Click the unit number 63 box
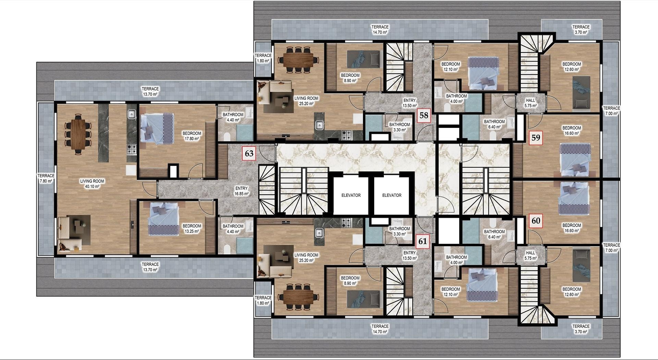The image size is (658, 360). click(249, 153)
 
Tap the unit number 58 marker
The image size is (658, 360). click(424, 115)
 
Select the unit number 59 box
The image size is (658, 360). click(536, 137)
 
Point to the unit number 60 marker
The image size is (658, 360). click(536, 220)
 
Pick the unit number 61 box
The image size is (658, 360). click(423, 241)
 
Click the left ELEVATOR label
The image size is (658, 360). click(351, 195)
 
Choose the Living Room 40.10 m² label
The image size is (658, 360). click(92, 184)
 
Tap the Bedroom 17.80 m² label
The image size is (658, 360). click(192, 136)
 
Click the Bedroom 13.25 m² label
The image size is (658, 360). click(192, 229)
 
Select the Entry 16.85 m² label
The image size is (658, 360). click(242, 191)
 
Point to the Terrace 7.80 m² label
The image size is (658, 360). click(46, 178)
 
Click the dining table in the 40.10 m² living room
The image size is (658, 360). click(78, 134)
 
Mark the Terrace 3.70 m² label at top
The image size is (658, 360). click(581, 29)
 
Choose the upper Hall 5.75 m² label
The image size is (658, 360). click(531, 103)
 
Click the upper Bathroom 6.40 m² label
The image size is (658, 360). click(494, 124)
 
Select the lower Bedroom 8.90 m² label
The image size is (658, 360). click(350, 280)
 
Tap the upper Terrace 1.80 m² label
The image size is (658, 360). click(263, 58)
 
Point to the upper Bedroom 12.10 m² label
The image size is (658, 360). click(451, 67)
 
